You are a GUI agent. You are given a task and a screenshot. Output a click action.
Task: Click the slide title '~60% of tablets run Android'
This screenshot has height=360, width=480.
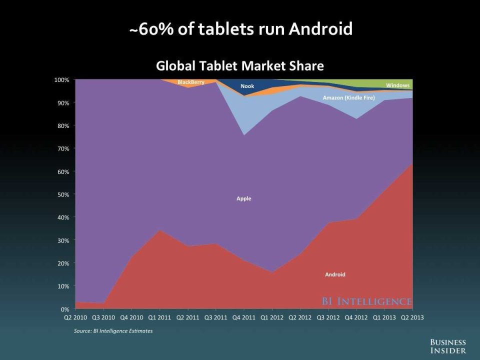click(x=240, y=29)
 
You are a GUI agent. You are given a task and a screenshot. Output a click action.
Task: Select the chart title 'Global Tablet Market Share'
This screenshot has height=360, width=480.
click(x=240, y=65)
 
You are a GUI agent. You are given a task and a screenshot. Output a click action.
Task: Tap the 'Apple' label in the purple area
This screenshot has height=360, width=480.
click(x=244, y=198)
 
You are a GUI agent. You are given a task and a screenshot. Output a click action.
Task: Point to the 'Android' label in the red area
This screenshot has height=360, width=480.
click(x=335, y=274)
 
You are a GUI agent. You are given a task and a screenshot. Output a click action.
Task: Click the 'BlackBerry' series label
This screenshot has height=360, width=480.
click(x=191, y=82)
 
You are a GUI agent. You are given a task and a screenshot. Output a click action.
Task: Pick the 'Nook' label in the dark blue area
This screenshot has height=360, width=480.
click(x=247, y=86)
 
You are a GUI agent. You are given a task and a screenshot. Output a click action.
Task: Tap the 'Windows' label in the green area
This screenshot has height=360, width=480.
click(x=397, y=85)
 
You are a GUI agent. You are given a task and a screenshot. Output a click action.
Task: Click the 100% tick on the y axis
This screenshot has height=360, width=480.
click(x=61, y=80)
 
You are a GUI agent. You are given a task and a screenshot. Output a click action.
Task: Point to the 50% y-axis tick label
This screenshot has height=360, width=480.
click(x=63, y=194)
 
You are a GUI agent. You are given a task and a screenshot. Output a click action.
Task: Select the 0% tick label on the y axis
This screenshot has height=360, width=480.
click(x=65, y=309)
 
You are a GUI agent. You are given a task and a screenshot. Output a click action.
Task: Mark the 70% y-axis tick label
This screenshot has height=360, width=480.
click(x=63, y=148)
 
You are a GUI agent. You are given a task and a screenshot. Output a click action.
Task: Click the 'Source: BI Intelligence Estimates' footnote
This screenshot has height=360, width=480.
click(x=110, y=330)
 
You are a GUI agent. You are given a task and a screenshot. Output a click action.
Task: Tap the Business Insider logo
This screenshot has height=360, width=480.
click(x=448, y=345)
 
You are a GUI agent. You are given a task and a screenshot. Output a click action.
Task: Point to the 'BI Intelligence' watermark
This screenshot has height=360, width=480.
click(x=366, y=301)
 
